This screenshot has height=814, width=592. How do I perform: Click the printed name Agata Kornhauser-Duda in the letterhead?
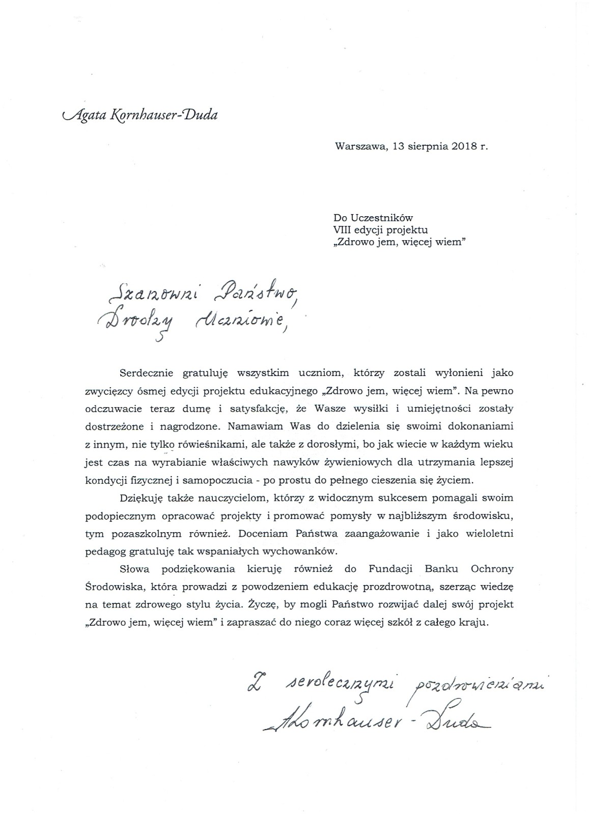coord(139,115)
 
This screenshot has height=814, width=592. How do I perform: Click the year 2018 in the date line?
coord(464,146)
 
